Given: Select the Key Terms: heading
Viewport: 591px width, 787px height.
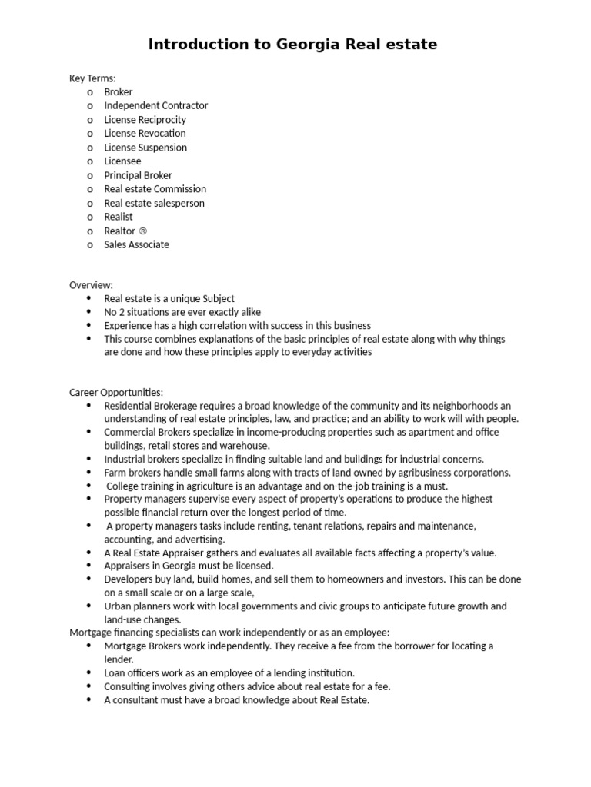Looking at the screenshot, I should pyautogui.click(x=92, y=78).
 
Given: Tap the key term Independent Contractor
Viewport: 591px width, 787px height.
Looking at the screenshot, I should pyautogui.click(x=155, y=105).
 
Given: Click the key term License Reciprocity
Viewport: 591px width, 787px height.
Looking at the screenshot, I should pyautogui.click(x=145, y=119).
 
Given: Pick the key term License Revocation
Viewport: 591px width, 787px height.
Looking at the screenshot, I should pyautogui.click(x=145, y=133).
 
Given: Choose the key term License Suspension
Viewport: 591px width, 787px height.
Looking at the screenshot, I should pyautogui.click(x=145, y=147).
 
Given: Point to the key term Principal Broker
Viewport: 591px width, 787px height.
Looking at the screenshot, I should pyautogui.click(x=138, y=175).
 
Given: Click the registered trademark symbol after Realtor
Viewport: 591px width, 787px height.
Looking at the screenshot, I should pyautogui.click(x=142, y=231).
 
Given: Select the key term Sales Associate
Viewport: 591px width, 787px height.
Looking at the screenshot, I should pyautogui.click(x=136, y=244).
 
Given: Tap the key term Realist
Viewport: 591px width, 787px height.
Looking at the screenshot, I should pyautogui.click(x=119, y=217).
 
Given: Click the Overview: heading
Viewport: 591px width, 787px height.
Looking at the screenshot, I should pyautogui.click(x=91, y=284).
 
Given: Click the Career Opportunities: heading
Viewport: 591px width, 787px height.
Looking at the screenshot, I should pyautogui.click(x=116, y=392).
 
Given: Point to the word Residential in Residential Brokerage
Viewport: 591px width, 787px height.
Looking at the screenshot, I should pyautogui.click(x=129, y=405).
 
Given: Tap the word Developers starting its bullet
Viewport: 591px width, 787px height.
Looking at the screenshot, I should pyautogui.click(x=129, y=579).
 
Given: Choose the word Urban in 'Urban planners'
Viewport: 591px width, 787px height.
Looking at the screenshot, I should pyautogui.click(x=117, y=606).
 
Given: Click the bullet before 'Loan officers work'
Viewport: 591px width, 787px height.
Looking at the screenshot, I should pyautogui.click(x=88, y=672).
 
